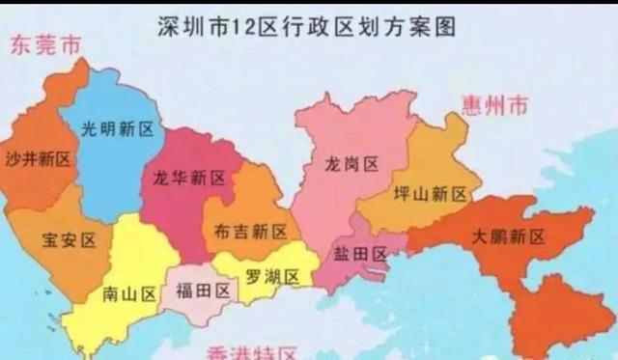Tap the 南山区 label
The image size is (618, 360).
click(131, 294)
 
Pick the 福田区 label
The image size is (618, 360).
click(204, 290)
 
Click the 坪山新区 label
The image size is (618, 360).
click(431, 194)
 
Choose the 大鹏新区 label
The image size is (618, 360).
click(509, 236)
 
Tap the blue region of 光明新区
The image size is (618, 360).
click(111, 169)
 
